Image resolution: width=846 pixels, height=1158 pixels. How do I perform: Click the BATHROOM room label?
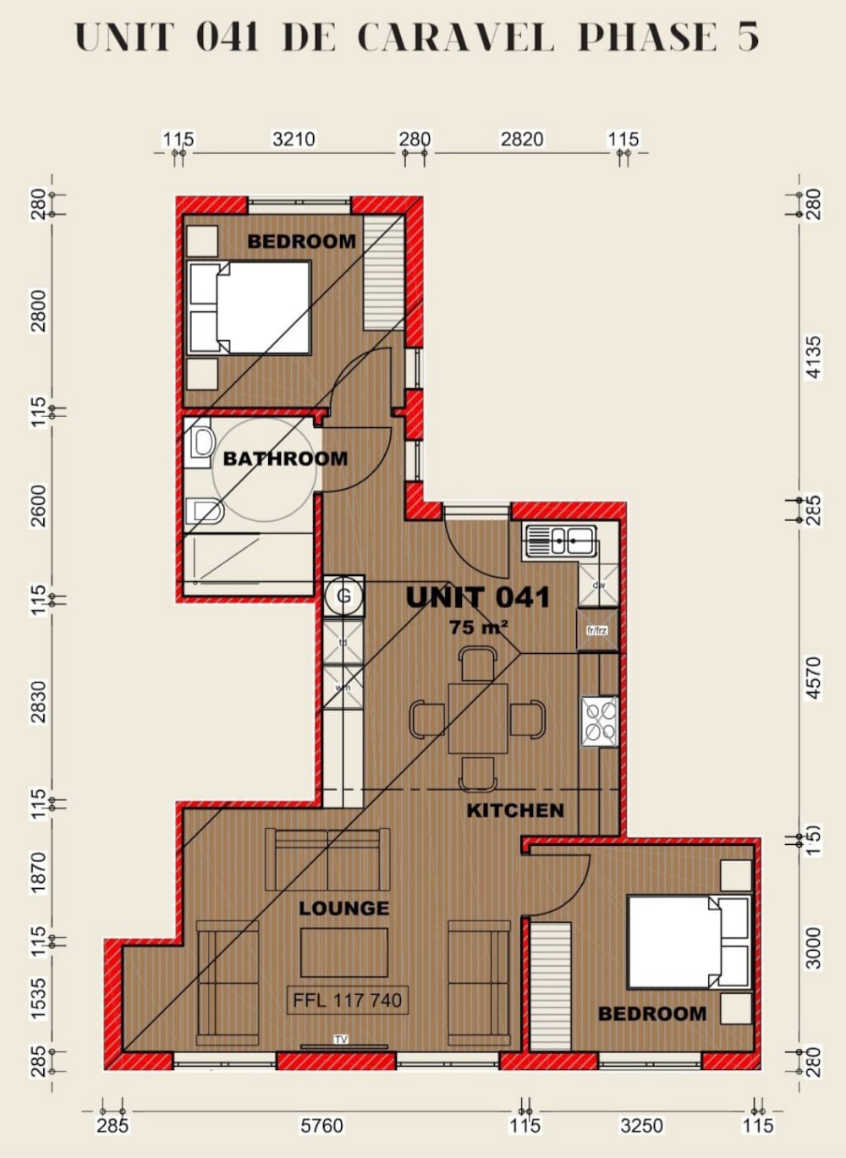(285, 458)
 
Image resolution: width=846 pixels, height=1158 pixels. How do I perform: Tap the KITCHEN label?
(515, 810)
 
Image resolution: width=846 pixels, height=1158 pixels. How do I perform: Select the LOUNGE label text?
(343, 908)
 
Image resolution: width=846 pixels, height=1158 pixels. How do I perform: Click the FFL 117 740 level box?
(347, 1000)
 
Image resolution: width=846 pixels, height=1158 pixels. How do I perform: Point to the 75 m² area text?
(478, 627)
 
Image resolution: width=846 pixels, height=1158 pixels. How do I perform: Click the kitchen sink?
(560, 541)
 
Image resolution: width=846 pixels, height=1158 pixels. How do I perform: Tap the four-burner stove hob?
(600, 722)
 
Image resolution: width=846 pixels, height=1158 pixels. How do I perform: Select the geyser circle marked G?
(343, 595)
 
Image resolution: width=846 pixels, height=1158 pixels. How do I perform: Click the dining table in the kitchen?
(478, 718)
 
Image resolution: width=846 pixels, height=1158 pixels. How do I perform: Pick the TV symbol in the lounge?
(341, 1040)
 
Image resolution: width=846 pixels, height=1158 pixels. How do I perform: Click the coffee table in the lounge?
(343, 952)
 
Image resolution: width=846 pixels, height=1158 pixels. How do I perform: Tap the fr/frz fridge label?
(596, 630)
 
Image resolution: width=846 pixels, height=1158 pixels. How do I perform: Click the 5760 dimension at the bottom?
(322, 1125)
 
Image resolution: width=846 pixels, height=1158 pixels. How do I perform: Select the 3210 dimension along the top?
(294, 139)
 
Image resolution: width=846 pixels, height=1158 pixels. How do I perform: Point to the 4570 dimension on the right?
(813, 678)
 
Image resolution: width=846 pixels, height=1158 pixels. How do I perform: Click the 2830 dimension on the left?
(39, 702)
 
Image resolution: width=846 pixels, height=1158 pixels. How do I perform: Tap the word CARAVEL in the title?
(455, 38)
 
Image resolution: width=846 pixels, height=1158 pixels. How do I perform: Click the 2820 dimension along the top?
(522, 139)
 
